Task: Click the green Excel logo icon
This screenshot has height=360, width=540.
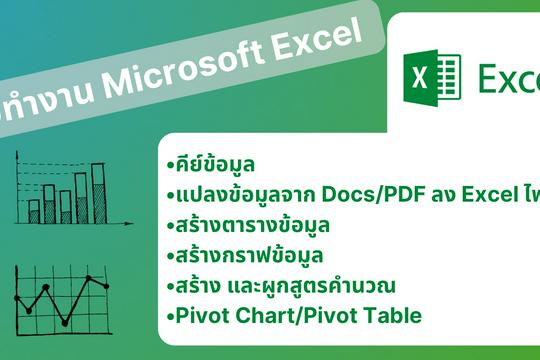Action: pyautogui.click(x=431, y=76)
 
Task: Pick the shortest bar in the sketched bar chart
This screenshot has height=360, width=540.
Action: pyautogui.click(x=34, y=211)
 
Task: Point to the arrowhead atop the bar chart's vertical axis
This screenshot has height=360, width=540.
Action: pyautogui.click(x=20, y=152)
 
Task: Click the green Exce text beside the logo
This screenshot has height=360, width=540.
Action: pyautogui.click(x=507, y=78)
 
